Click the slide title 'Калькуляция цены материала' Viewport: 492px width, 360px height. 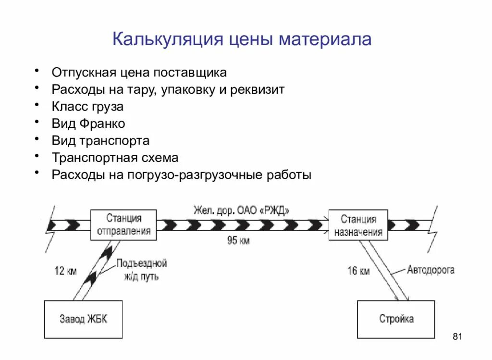(x=242, y=39)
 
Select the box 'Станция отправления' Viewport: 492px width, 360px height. (x=123, y=224)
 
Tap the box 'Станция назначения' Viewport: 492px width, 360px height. (x=358, y=225)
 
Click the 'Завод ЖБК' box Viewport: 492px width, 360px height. (x=83, y=319)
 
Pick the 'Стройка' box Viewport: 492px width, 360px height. (x=395, y=319)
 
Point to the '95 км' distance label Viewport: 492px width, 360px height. (x=238, y=240)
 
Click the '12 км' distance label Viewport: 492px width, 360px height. (x=65, y=271)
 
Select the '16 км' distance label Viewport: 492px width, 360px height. (x=358, y=271)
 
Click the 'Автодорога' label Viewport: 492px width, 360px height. (x=430, y=270)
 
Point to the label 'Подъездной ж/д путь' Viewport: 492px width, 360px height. (x=141, y=270)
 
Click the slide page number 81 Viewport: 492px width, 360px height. (x=457, y=336)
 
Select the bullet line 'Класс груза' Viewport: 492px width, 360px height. (x=87, y=106)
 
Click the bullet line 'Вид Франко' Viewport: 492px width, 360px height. (x=88, y=124)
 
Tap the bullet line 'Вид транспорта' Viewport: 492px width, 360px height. (x=100, y=141)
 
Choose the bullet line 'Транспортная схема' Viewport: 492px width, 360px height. (x=115, y=158)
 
